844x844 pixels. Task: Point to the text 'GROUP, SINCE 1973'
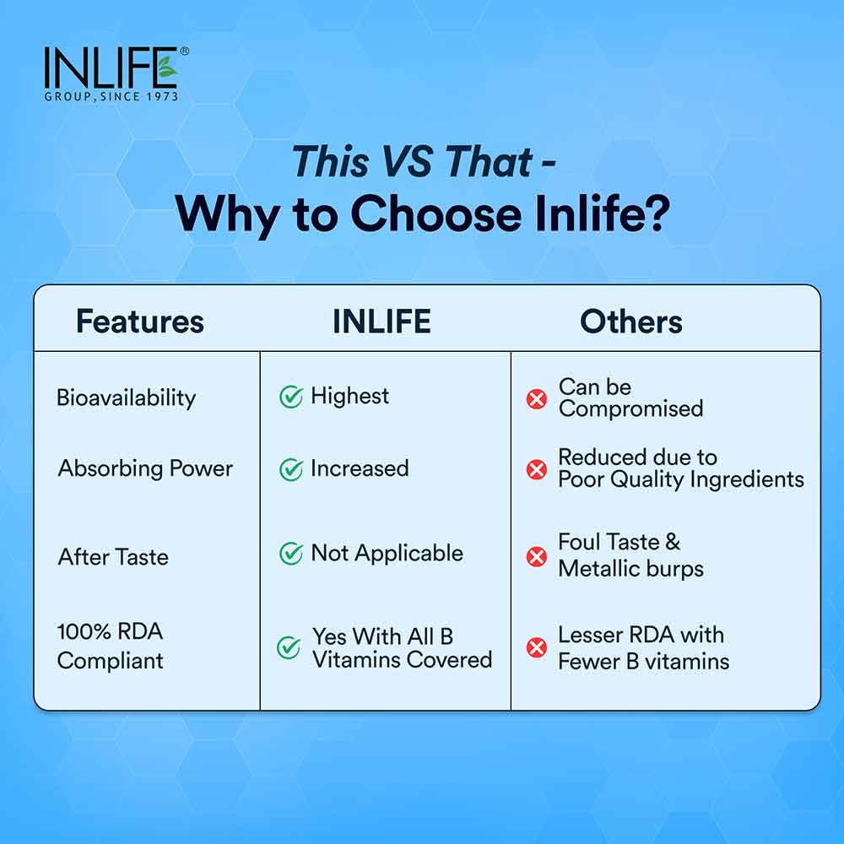point(111,97)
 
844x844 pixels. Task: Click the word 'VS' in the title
point(414,160)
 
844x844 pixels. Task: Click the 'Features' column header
point(140,322)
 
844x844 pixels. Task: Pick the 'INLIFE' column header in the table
point(381,322)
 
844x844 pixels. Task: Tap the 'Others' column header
point(631,322)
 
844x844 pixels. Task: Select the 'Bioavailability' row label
point(126,398)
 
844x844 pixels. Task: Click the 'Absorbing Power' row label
point(145,468)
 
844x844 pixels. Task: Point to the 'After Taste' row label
point(113,557)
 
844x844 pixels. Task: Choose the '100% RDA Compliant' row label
point(111,646)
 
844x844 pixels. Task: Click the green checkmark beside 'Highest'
point(291,398)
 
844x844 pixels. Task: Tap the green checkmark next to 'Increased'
point(291,470)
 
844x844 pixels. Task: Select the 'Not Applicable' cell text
point(387,554)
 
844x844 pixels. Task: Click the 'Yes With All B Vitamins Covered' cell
point(402,647)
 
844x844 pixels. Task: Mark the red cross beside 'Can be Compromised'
point(537,399)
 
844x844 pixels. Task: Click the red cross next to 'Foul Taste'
point(537,557)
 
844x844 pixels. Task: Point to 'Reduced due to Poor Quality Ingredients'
point(680,468)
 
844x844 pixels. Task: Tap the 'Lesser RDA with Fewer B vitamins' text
point(643,647)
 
